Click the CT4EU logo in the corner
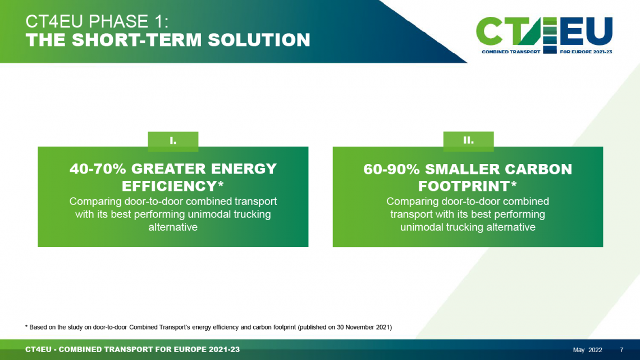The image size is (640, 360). (544, 35)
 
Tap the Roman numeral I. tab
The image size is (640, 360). (173, 141)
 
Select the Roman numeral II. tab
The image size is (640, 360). (469, 141)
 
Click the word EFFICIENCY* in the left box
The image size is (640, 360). (173, 186)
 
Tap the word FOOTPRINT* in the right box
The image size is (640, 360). (468, 186)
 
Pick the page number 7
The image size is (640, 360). (621, 350)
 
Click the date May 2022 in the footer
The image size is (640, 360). (587, 350)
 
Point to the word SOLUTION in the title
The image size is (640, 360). (259, 40)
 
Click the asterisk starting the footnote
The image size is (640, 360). (26, 326)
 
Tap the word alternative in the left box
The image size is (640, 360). (173, 227)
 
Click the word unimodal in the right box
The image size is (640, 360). (422, 227)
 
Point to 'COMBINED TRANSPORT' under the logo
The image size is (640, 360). (511, 52)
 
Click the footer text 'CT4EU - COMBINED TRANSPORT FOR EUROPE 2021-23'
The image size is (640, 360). (132, 350)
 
